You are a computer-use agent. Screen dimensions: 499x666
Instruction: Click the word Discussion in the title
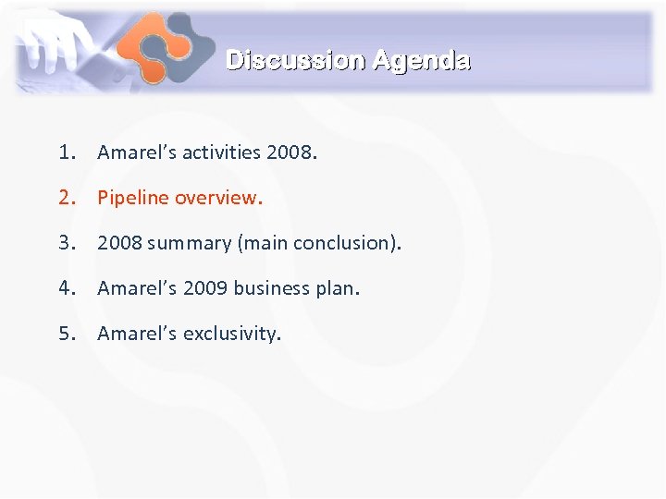pyautogui.click(x=296, y=61)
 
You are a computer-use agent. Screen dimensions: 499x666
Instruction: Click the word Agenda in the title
pyautogui.click(x=421, y=61)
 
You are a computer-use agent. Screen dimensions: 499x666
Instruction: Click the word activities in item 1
pyautogui.click(x=221, y=152)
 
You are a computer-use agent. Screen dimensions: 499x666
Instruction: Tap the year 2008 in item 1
pyautogui.click(x=290, y=152)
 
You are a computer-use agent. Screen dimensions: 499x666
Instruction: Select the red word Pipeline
pyautogui.click(x=133, y=198)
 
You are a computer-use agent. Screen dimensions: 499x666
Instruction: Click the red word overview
pyautogui.click(x=219, y=198)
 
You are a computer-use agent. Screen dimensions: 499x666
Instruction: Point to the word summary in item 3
pyautogui.click(x=186, y=243)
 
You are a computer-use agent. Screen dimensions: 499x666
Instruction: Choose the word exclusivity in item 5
pyautogui.click(x=230, y=334)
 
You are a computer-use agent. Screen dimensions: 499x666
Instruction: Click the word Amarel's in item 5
pyautogui.click(x=137, y=334)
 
